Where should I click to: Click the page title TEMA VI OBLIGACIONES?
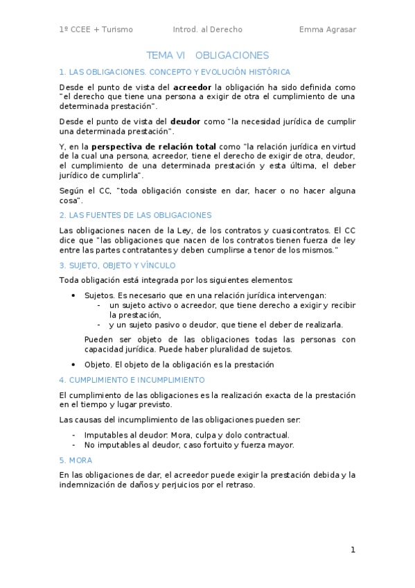click(207, 55)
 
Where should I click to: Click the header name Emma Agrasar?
click(328, 29)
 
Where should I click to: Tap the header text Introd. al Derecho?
click(207, 29)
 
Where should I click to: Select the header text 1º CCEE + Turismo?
click(96, 29)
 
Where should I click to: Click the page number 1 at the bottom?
click(353, 550)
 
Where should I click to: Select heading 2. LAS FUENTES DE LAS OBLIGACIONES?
click(136, 215)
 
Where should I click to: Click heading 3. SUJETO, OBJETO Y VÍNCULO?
click(117, 265)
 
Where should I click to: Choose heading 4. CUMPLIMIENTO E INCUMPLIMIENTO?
click(132, 380)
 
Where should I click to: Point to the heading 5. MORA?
click(76, 460)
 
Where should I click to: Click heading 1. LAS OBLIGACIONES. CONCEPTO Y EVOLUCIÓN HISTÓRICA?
click(175, 72)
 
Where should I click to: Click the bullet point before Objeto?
click(74, 365)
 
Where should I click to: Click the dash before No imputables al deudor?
click(74, 445)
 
